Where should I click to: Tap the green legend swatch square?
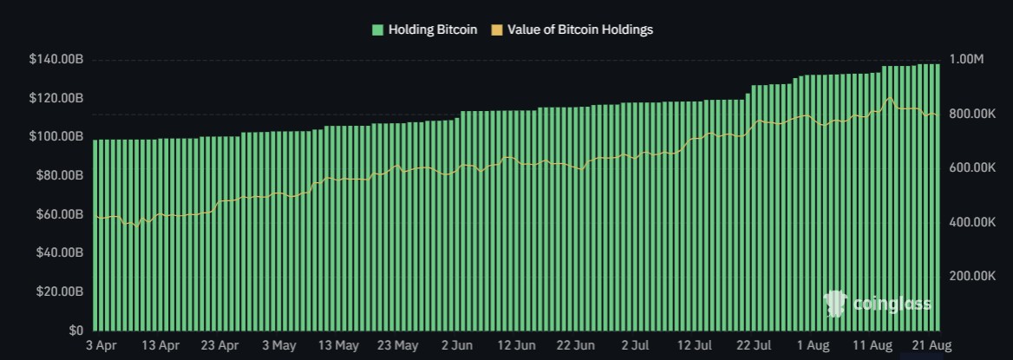(377, 29)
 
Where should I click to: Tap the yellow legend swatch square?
(497, 29)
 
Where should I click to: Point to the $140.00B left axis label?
(56, 60)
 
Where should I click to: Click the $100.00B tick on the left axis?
(56, 137)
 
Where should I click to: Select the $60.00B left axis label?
(59, 214)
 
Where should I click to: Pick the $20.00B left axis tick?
(59, 291)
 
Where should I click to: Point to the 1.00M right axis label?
(966, 60)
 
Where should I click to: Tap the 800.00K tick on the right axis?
(971, 115)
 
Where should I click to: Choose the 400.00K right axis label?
(971, 223)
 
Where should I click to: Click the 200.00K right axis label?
(971, 276)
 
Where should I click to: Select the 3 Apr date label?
(101, 345)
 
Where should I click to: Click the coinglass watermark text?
(892, 304)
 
